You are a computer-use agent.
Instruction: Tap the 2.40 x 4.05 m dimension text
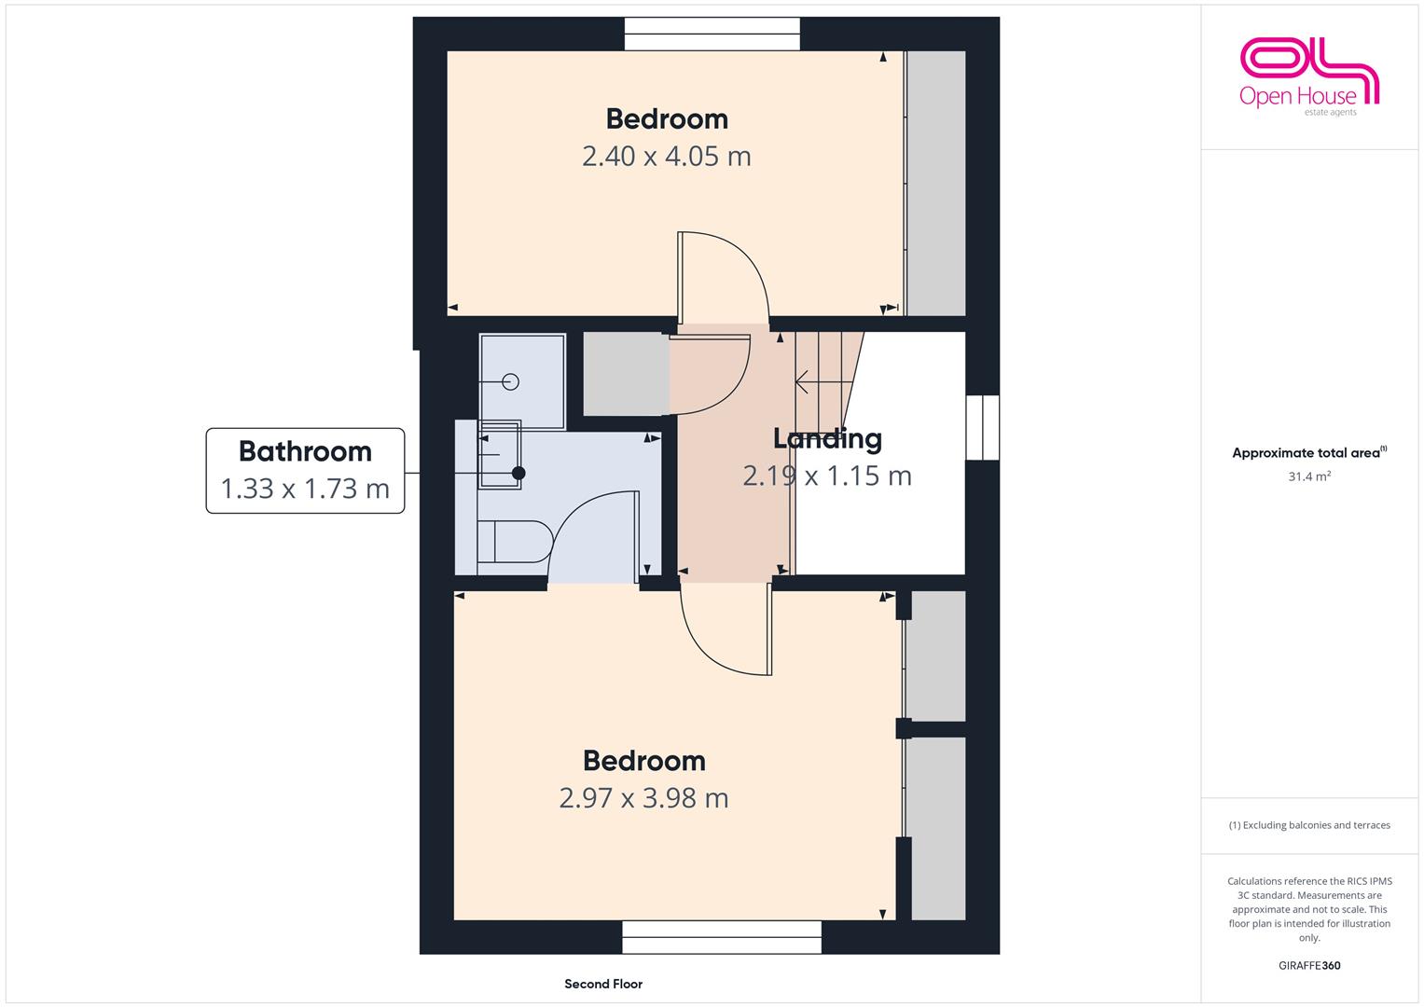[666, 157]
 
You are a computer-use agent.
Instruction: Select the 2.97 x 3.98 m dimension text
[643, 798]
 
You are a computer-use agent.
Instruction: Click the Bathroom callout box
[305, 471]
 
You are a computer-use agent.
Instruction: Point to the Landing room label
[827, 438]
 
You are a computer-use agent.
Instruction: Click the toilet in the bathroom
[514, 542]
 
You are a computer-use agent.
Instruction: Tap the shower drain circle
[510, 381]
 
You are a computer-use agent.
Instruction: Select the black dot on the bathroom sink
[518, 473]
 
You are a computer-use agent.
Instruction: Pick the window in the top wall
[712, 34]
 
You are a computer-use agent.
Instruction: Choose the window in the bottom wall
[722, 937]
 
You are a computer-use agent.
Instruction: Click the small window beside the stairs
[983, 427]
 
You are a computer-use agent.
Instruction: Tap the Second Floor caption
[603, 984]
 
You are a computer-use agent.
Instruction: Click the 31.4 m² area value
[1309, 476]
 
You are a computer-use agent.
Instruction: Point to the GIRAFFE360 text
[1309, 965]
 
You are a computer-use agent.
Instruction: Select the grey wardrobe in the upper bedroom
[935, 183]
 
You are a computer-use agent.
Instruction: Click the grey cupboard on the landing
[626, 374]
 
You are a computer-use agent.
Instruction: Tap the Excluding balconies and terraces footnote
[1309, 825]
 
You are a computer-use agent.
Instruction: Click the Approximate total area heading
[1309, 452]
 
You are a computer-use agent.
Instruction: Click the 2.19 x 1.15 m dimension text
[827, 476]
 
